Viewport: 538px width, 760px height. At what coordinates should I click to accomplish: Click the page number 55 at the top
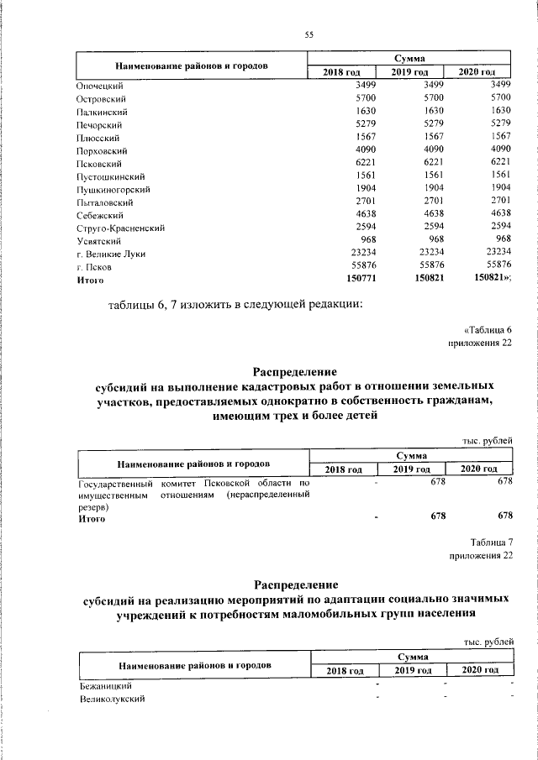309,34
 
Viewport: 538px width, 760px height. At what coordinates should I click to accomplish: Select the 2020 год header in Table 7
479,670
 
